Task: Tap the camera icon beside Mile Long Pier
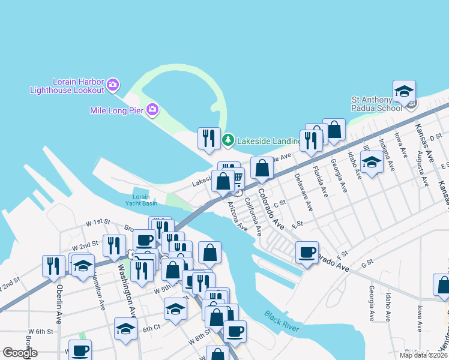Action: click(x=152, y=109)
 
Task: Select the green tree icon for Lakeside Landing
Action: click(x=228, y=141)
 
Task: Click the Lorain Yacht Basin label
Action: click(x=141, y=200)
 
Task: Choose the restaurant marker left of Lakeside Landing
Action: click(x=209, y=139)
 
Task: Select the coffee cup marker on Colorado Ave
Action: click(x=307, y=252)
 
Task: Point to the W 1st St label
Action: click(x=98, y=222)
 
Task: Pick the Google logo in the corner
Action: click(x=20, y=353)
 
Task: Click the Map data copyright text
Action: click(x=423, y=355)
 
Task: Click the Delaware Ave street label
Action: click(x=303, y=192)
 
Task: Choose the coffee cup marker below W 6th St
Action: click(x=80, y=350)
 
